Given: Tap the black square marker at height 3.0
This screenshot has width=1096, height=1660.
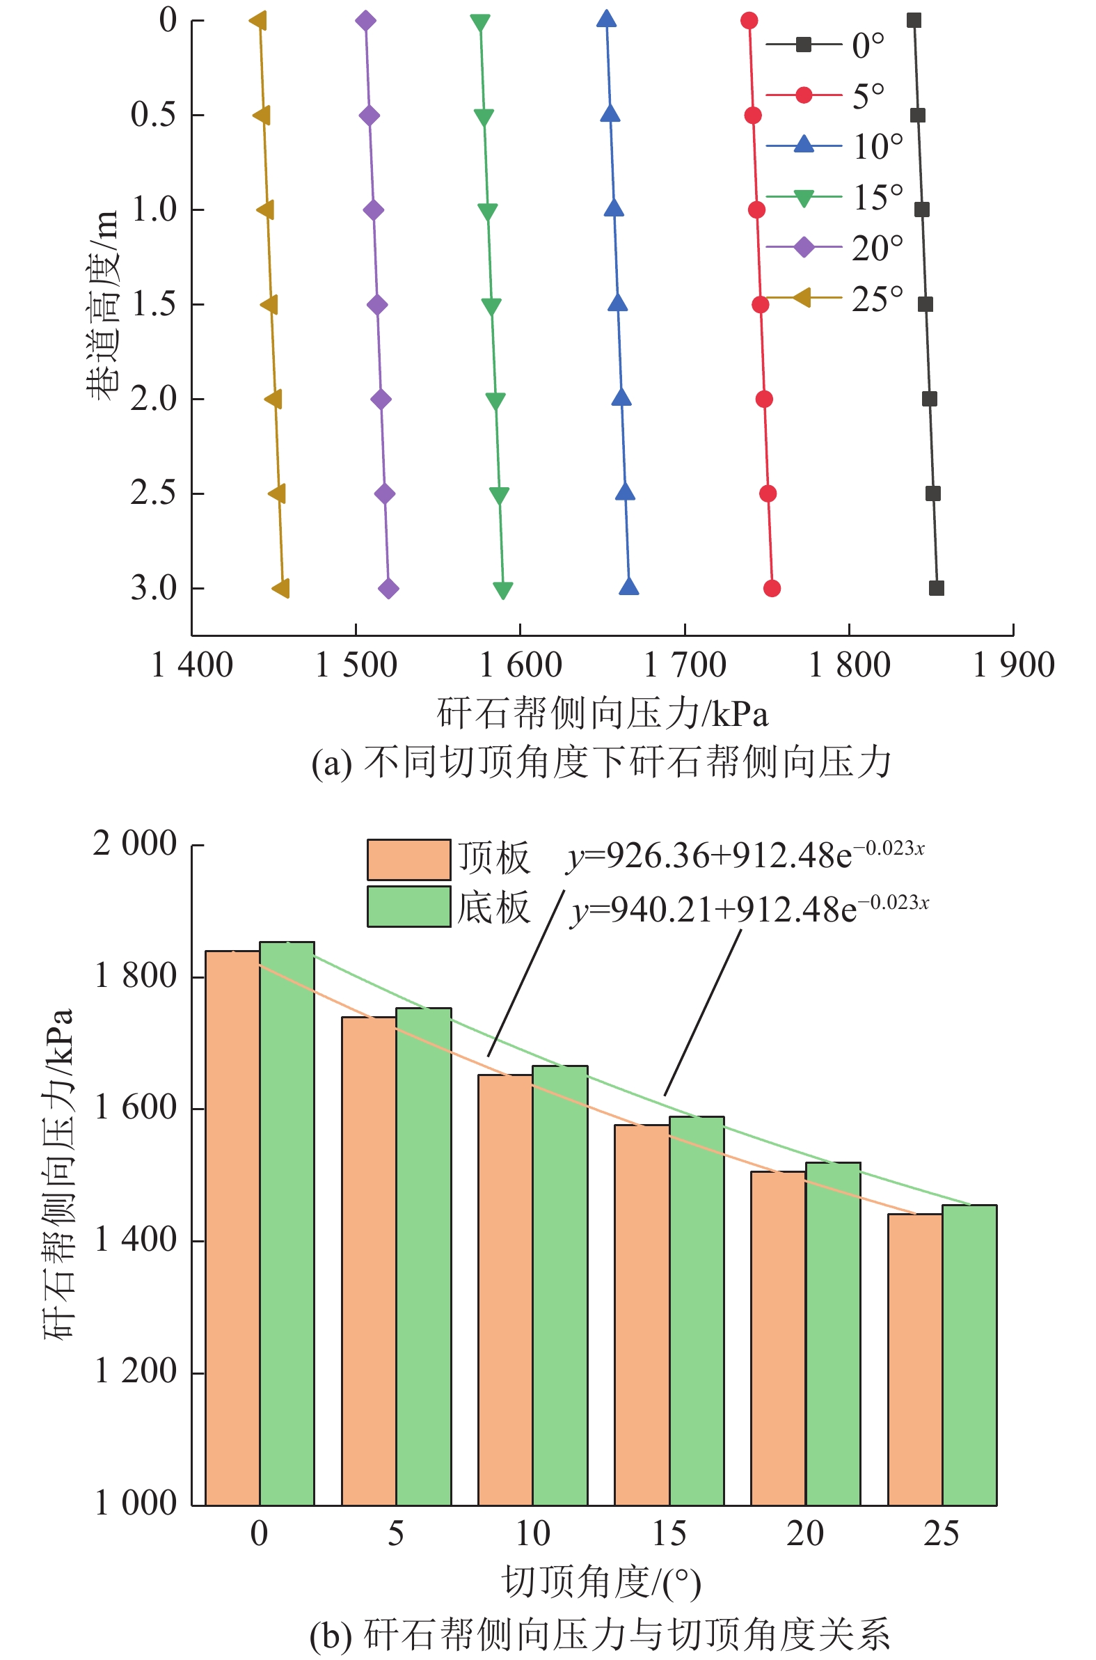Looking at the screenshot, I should point(936,588).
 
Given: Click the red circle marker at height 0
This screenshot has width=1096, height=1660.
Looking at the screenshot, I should point(749,20).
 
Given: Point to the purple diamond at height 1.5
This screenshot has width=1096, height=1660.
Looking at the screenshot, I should point(377,305).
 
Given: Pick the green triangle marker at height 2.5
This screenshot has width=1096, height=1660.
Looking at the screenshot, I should point(499,495).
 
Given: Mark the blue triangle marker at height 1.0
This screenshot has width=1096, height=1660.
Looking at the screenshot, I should point(614,208).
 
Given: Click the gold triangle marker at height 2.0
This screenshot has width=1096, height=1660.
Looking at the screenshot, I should point(273,399).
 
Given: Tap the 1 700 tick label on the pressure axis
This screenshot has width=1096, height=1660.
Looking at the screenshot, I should point(684,665).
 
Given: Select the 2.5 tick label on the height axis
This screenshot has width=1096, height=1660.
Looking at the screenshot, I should point(153,493).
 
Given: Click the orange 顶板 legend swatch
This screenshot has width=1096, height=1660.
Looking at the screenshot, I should point(409,859).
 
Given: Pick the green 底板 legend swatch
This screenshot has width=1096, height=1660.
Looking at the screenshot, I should point(409,906).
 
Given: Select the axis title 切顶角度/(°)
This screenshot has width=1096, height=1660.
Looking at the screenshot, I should point(601,1583).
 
